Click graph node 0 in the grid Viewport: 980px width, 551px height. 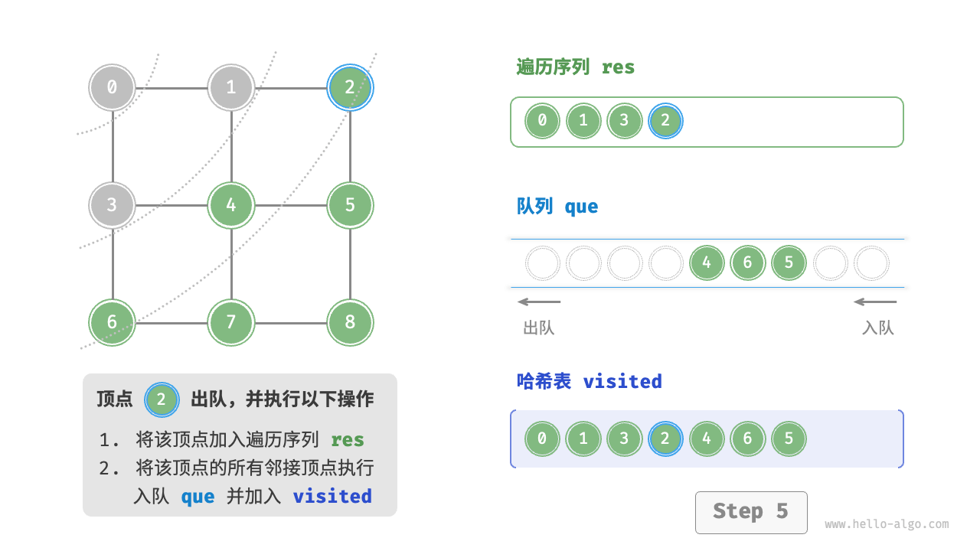pos(113,87)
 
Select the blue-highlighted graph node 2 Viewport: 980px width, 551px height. pos(350,87)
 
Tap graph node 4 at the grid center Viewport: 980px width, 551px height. pos(231,205)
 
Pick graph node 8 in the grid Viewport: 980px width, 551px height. pos(350,322)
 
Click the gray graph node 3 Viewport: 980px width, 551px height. pos(113,205)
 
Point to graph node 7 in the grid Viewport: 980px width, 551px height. pos(231,322)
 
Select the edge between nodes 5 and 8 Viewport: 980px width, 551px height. pos(350,264)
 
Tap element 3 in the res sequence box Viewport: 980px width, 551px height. pos(624,121)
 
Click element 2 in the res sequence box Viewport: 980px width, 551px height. pos(665,121)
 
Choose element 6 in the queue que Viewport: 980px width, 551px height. pos(747,263)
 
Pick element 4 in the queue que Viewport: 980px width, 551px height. pos(706,263)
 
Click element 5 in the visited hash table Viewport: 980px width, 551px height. pos(789,439)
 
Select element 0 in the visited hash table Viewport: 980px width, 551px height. pos(542,439)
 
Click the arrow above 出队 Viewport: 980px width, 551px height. pos(539,302)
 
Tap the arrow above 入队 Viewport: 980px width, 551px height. pos(875,302)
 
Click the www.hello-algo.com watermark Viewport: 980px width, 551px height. pos(887,524)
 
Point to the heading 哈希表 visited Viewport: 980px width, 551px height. pos(589,381)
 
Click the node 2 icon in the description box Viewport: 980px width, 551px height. pos(162,399)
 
